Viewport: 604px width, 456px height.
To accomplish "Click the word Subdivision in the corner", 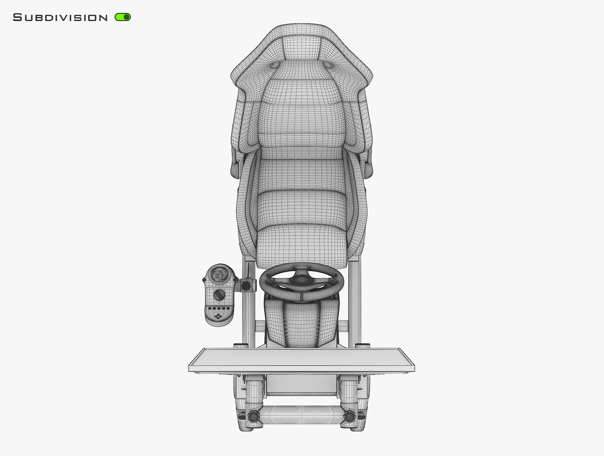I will coord(60,18).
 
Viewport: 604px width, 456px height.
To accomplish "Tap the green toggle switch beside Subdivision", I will coord(123,17).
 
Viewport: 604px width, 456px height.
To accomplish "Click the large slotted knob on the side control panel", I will coord(219,295).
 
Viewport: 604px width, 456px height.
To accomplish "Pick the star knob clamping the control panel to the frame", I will coord(246,286).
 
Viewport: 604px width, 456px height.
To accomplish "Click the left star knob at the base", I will coord(254,416).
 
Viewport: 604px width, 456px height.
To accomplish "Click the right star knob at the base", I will coord(350,416).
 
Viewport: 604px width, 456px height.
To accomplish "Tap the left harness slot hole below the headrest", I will coord(275,65).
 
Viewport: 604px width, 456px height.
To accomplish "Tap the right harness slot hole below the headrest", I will coord(329,65).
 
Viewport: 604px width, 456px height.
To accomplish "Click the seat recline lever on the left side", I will coord(235,170).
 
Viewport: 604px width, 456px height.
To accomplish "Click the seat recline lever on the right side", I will coord(368,170).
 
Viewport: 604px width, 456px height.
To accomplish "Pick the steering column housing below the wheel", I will coord(301,321).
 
